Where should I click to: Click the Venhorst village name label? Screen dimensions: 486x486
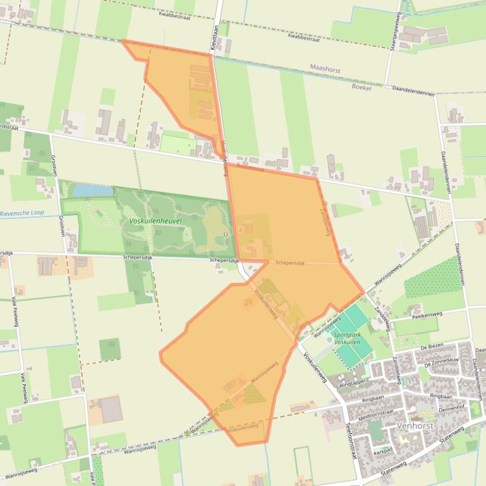pos(415,426)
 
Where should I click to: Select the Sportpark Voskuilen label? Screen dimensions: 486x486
pos(347,338)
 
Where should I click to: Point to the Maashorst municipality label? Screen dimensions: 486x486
pos(325,66)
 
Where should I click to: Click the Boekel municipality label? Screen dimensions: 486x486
pos(361,88)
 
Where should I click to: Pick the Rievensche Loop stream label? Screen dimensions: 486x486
pos(22,213)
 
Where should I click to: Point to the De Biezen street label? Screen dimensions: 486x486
pos(432,348)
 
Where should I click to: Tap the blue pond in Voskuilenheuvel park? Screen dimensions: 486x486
pos(84,189)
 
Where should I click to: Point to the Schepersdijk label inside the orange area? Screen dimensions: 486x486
pos(290,263)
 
